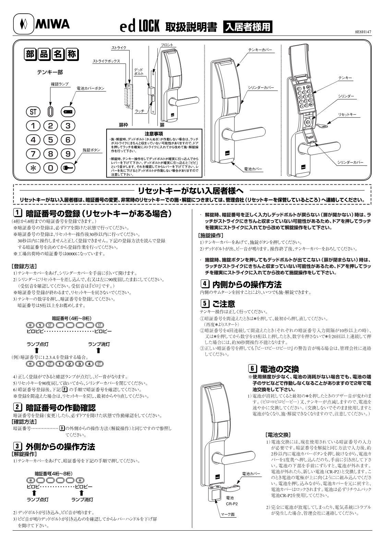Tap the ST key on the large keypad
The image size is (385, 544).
pos(33,112)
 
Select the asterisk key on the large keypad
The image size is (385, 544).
pos(33,168)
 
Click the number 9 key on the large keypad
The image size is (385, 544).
pos(68,154)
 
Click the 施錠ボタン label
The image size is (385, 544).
pos(92,150)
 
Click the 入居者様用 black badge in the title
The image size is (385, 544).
pos(248,27)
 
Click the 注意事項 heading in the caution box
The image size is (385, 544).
pos(153,133)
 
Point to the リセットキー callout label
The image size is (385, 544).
pos(347,114)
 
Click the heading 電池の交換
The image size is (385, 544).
pos(279,369)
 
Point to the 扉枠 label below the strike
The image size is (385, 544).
pos(123,125)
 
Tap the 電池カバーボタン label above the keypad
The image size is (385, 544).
pos(91,89)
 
